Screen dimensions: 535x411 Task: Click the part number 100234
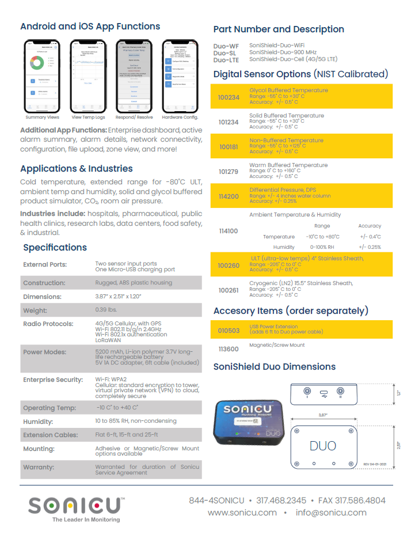point(229,97)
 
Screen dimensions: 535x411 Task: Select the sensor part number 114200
point(229,196)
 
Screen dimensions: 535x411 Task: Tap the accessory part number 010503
point(229,331)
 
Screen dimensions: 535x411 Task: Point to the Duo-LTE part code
point(226,60)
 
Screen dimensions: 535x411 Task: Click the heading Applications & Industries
point(77,169)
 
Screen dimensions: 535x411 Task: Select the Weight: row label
point(36,310)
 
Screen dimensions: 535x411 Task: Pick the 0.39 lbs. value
point(110,310)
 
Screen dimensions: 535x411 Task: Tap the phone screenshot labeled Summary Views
point(43,75)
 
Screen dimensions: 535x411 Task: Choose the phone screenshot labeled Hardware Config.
point(181,75)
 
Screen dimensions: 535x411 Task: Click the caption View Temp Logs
point(88,117)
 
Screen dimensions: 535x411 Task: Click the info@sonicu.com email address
point(331,513)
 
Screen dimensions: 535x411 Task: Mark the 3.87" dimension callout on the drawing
point(326,414)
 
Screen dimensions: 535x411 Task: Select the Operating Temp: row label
point(49,408)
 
